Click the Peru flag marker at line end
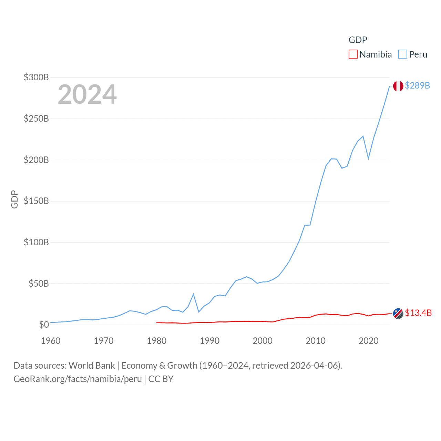[398, 86]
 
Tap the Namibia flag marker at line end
[398, 314]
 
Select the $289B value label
[417, 85]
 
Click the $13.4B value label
[418, 313]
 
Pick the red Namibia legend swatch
[353, 54]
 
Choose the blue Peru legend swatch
[402, 54]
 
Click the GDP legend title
[358, 40]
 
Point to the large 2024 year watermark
[87, 94]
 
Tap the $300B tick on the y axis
[36, 77]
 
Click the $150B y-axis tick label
[36, 201]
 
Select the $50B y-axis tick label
[39, 284]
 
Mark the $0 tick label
[44, 325]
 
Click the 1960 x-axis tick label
[51, 341]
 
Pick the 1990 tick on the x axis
[209, 341]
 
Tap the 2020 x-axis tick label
[368, 341]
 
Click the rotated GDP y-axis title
[14, 199]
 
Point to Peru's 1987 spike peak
[194, 294]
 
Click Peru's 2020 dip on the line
[368, 158]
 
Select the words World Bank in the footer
[92, 366]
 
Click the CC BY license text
[161, 379]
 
